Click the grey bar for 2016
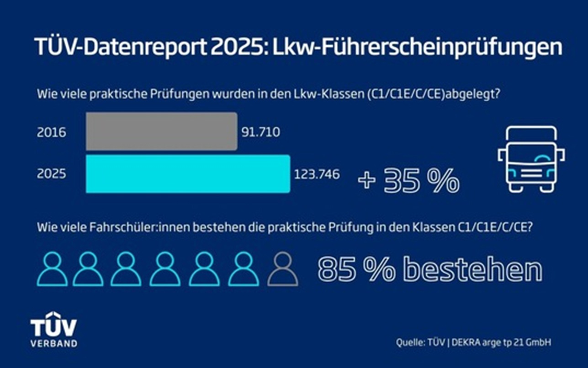pyautogui.click(x=161, y=132)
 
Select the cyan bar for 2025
pyautogui.click(x=188, y=174)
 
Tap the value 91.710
pyautogui.click(x=260, y=133)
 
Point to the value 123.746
pyautogui.click(x=317, y=174)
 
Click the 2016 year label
pyautogui.click(x=52, y=133)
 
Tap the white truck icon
pyautogui.click(x=531, y=159)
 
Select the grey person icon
pyautogui.click(x=283, y=270)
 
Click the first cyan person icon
pyautogui.click(x=52, y=270)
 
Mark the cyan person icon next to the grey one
pyautogui.click(x=244, y=270)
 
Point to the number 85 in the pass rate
pyautogui.click(x=337, y=270)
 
